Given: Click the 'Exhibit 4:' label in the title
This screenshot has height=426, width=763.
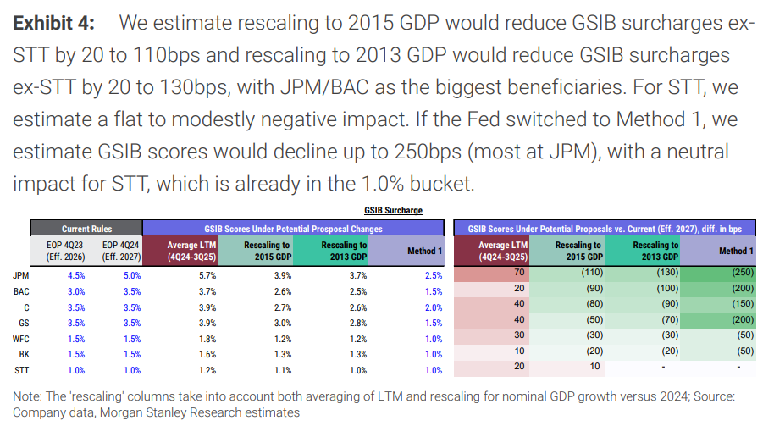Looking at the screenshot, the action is click(x=53, y=23).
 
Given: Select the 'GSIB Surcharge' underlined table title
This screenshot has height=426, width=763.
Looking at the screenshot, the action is click(x=393, y=210).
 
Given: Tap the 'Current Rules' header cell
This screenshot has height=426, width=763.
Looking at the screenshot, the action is click(x=86, y=229).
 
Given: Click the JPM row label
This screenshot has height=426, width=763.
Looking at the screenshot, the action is click(x=21, y=275).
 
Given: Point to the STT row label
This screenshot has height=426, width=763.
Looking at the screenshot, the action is click(x=22, y=370).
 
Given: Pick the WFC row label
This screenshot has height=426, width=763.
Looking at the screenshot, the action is click(x=21, y=339).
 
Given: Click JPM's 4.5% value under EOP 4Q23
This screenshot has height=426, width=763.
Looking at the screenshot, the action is click(x=76, y=275).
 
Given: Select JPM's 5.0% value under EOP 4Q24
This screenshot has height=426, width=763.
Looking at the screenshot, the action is click(x=132, y=275).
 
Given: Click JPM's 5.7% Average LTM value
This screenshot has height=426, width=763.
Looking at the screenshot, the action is click(x=207, y=275).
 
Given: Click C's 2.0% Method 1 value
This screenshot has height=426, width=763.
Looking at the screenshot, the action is click(x=434, y=307).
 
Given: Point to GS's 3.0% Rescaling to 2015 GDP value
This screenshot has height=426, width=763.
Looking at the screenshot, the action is click(x=283, y=323).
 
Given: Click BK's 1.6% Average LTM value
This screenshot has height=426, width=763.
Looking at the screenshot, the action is click(x=207, y=354).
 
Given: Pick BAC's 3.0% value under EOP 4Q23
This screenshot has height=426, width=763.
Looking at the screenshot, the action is click(x=76, y=291).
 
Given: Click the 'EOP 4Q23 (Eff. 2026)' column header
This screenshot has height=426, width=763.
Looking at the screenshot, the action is click(x=66, y=251).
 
